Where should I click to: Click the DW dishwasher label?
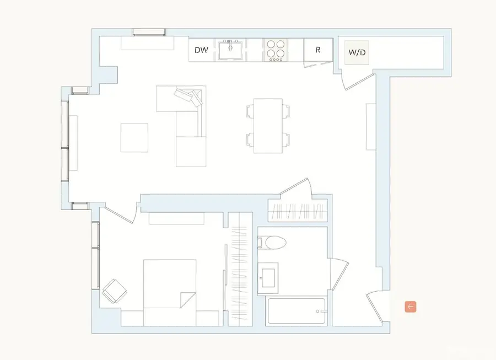(x=201, y=50)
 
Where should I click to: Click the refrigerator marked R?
(x=318, y=50)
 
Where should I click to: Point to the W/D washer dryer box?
(x=357, y=53)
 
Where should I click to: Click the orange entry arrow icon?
(x=410, y=307)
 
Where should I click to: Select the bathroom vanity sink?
(x=269, y=274)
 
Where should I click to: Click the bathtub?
(x=296, y=312)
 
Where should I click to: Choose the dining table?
(x=268, y=126)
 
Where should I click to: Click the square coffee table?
(x=134, y=137)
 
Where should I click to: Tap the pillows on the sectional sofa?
(x=188, y=96)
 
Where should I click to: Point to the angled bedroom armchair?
(x=115, y=291)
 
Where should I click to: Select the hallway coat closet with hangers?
(x=297, y=211)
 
